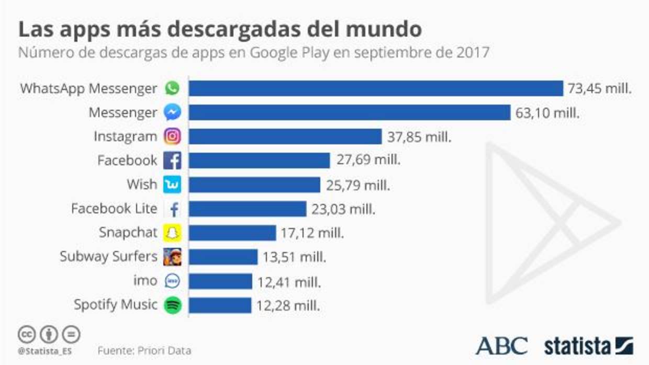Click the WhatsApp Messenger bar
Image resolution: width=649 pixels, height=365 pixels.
(x=376, y=88)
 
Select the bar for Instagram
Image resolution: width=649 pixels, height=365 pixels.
(x=285, y=136)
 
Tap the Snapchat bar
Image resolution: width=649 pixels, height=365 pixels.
(x=232, y=233)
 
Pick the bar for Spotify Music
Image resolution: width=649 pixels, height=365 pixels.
(x=220, y=305)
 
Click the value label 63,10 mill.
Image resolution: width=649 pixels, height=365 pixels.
(x=547, y=112)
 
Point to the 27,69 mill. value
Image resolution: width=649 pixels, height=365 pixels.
(x=368, y=160)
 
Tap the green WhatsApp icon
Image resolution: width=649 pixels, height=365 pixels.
(x=172, y=88)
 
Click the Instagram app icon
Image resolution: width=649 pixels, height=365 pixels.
(x=172, y=136)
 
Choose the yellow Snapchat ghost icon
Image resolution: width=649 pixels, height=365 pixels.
(x=172, y=233)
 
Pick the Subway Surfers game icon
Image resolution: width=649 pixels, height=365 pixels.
(x=172, y=257)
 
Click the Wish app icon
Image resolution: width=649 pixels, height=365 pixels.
(x=172, y=185)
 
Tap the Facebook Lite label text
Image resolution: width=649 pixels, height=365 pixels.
(x=114, y=209)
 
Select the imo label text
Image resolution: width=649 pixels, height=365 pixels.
(x=145, y=281)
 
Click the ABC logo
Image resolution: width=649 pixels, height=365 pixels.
(x=501, y=346)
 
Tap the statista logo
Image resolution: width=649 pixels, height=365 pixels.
(x=588, y=346)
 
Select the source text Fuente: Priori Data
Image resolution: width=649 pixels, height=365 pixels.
(x=144, y=350)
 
